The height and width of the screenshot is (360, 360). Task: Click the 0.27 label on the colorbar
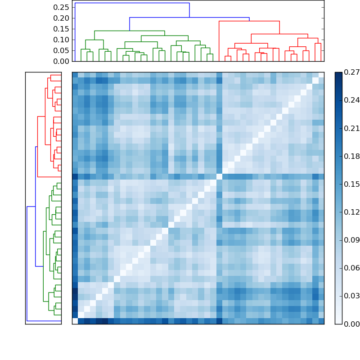(x=352, y=72)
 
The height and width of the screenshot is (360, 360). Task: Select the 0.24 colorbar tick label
(x=352, y=100)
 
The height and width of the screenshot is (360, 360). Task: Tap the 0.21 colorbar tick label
(x=352, y=128)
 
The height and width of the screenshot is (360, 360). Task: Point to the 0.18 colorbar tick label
(x=352, y=156)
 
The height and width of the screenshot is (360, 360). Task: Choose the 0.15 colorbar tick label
(x=352, y=184)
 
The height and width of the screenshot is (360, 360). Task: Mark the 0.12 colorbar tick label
(x=352, y=212)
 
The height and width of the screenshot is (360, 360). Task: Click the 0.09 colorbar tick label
(x=352, y=240)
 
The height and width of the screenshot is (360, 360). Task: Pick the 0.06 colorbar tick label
(x=352, y=268)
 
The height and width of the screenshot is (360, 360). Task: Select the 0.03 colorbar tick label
(x=352, y=296)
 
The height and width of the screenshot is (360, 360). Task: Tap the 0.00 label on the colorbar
(x=352, y=324)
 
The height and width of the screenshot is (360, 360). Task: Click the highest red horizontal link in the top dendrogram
(x=249, y=21)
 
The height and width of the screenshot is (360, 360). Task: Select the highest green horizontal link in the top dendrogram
(x=130, y=31)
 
